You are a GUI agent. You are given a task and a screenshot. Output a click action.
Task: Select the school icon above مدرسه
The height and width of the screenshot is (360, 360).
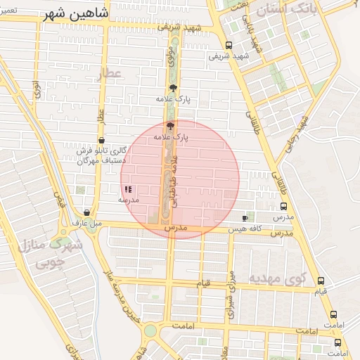128,189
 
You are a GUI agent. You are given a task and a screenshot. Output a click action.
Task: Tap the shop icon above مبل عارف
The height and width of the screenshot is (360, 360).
86,212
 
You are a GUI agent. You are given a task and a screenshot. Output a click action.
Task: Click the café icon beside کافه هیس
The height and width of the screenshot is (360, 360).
245,218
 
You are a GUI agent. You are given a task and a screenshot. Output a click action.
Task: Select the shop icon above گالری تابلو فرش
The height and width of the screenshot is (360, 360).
103,139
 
